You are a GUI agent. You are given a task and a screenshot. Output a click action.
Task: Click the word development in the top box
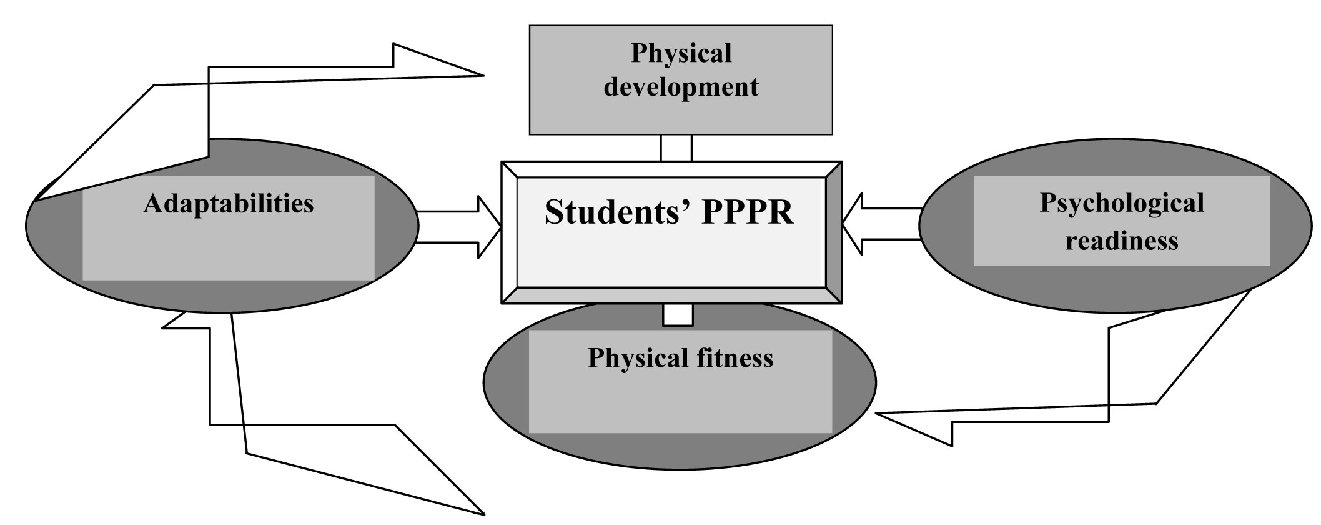coord(681,87)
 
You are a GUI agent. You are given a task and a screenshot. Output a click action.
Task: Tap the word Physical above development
coord(681,54)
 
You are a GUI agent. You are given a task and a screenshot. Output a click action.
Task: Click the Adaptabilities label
coord(228,204)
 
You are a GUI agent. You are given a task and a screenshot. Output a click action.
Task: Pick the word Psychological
coord(1122,204)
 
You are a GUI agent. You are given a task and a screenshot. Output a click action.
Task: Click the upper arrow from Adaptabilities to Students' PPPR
coord(459,212)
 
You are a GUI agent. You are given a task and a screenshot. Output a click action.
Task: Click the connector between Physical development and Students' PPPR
coord(676,148)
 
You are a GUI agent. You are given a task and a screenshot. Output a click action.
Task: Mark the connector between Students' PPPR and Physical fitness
coord(678,315)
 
